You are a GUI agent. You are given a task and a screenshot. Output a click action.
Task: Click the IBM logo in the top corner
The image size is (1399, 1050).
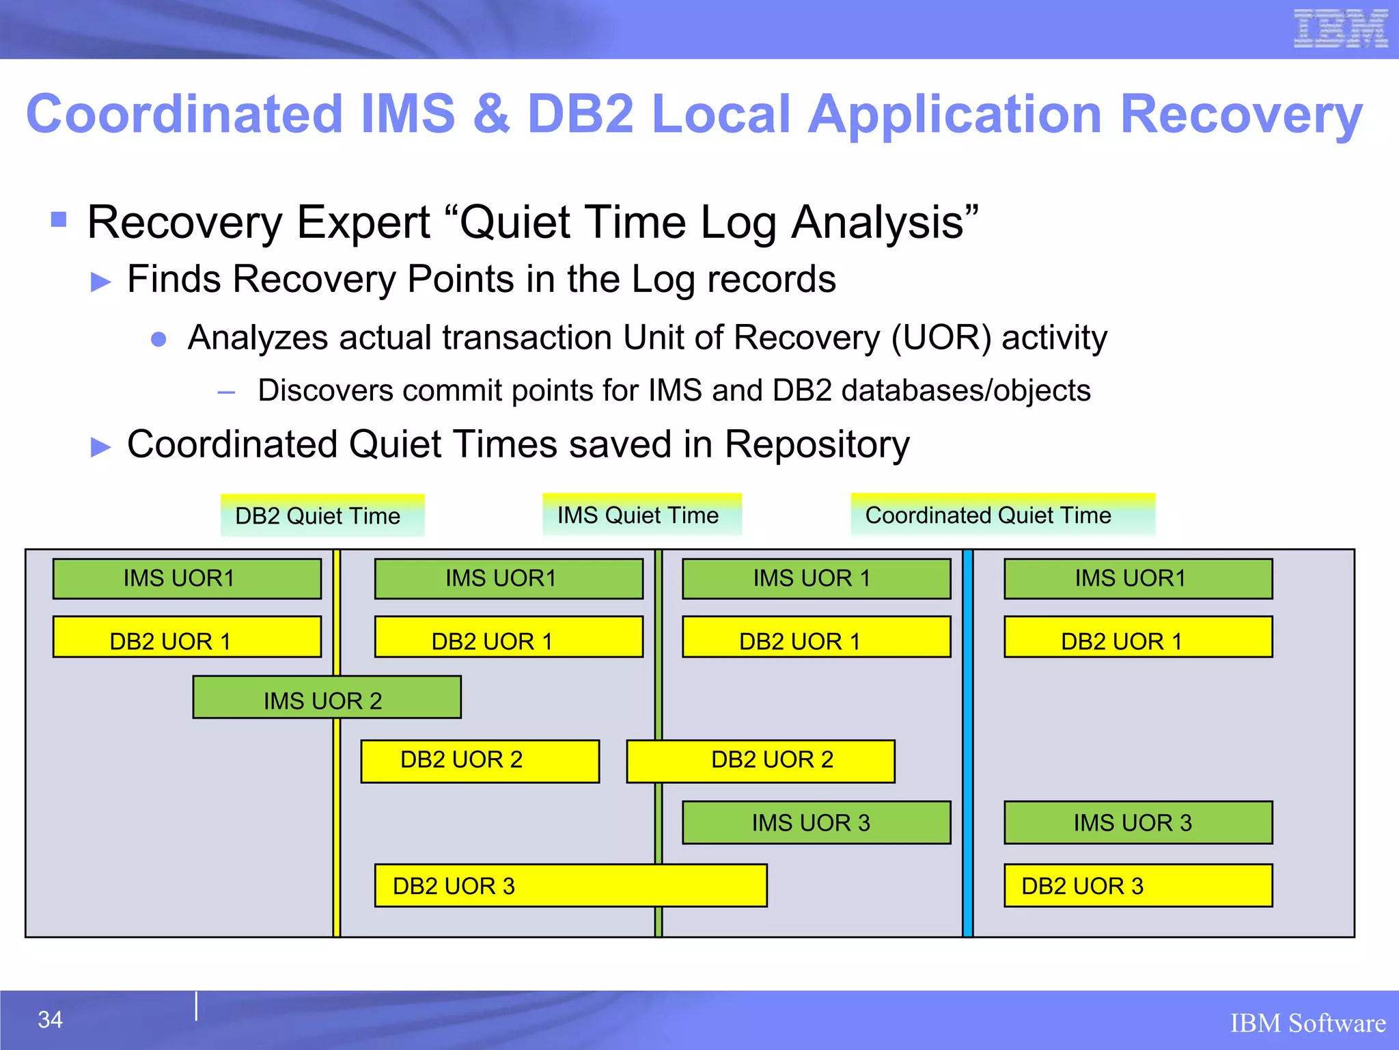(x=1340, y=29)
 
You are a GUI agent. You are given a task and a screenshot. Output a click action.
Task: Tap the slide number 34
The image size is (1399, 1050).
(x=50, y=1020)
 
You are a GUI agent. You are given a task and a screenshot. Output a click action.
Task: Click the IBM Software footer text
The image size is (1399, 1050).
(x=1307, y=1023)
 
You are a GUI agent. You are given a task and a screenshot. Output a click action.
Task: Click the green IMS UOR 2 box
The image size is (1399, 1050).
(x=327, y=697)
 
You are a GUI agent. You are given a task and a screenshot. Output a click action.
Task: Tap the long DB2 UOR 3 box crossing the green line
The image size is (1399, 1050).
(x=570, y=886)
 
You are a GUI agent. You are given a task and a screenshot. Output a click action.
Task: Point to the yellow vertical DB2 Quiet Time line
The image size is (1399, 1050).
(x=337, y=820)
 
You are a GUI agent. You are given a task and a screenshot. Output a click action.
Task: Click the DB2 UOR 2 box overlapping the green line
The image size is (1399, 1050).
(x=760, y=761)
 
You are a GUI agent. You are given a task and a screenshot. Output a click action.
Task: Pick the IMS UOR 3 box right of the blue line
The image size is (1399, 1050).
(x=1137, y=822)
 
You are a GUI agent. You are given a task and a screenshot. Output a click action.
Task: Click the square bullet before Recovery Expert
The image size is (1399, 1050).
(x=59, y=219)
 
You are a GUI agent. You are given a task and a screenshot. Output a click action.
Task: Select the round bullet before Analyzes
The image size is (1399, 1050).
(x=158, y=339)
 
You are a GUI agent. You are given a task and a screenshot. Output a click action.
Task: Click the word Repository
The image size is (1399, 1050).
(x=817, y=444)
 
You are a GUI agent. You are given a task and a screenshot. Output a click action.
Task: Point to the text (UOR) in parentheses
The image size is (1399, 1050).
(x=941, y=338)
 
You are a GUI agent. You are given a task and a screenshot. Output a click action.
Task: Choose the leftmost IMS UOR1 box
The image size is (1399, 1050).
(x=186, y=579)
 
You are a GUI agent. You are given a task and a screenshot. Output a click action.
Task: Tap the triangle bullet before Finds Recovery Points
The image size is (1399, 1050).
(x=100, y=282)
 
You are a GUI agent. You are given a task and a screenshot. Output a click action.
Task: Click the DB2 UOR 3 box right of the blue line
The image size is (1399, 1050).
(x=1137, y=886)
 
